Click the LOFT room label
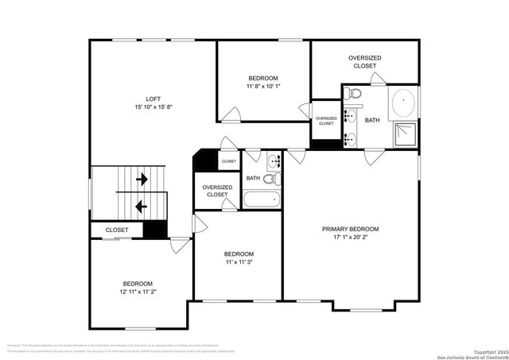click(153, 99)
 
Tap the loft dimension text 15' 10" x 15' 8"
click(153, 107)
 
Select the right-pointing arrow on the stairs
click(142, 180)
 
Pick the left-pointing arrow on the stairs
click(142, 207)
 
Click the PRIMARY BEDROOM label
click(350, 229)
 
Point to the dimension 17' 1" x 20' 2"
click(350, 237)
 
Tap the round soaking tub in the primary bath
click(404, 104)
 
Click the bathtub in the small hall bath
click(262, 199)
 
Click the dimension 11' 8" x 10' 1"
click(262, 86)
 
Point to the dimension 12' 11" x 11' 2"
click(137, 292)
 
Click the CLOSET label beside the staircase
click(117, 230)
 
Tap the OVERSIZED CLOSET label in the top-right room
click(364, 62)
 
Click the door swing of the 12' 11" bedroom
click(180, 246)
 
